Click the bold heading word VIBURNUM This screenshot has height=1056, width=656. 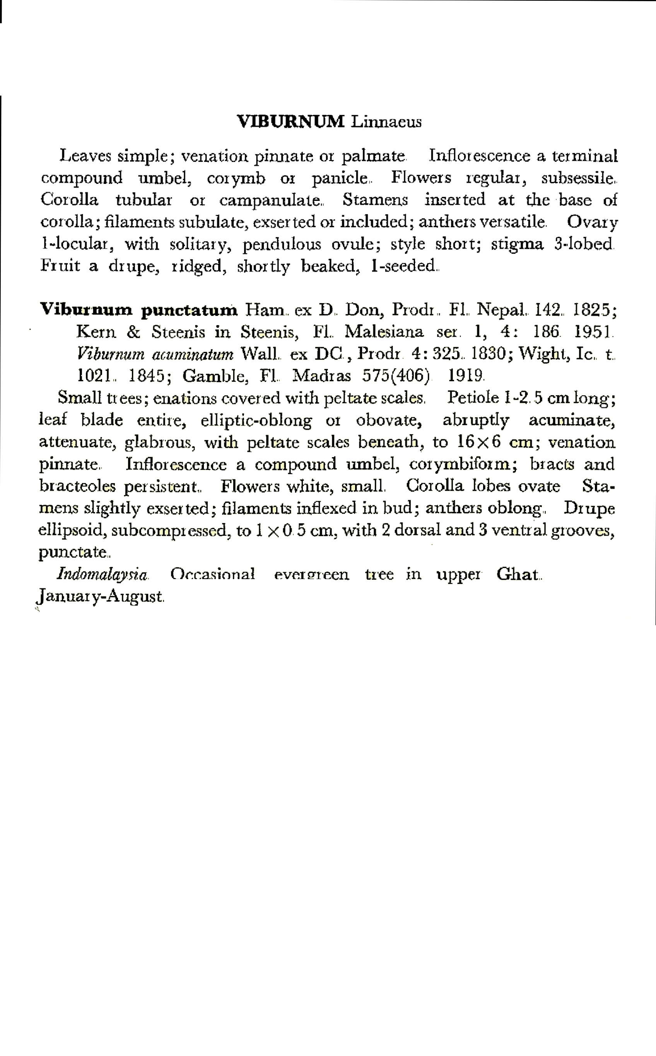tap(291, 122)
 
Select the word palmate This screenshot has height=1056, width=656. tap(373, 156)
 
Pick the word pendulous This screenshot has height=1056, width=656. tap(282, 245)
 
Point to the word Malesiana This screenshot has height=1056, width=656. tap(384, 332)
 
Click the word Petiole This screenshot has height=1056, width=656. tap(473, 397)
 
